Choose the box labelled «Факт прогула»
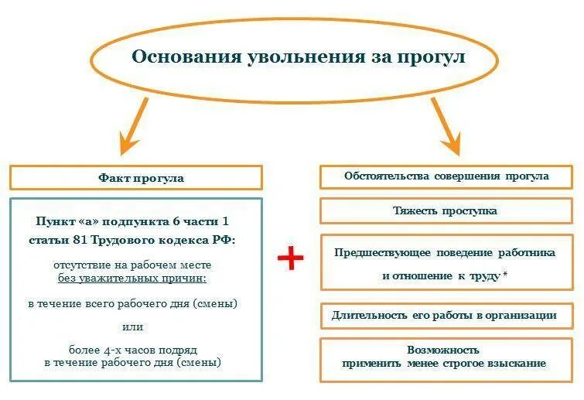pyautogui.click(x=135, y=178)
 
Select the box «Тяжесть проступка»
pyautogui.click(x=446, y=210)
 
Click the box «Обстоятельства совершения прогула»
pyautogui.click(x=446, y=176)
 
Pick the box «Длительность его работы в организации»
pyautogui.click(x=446, y=316)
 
